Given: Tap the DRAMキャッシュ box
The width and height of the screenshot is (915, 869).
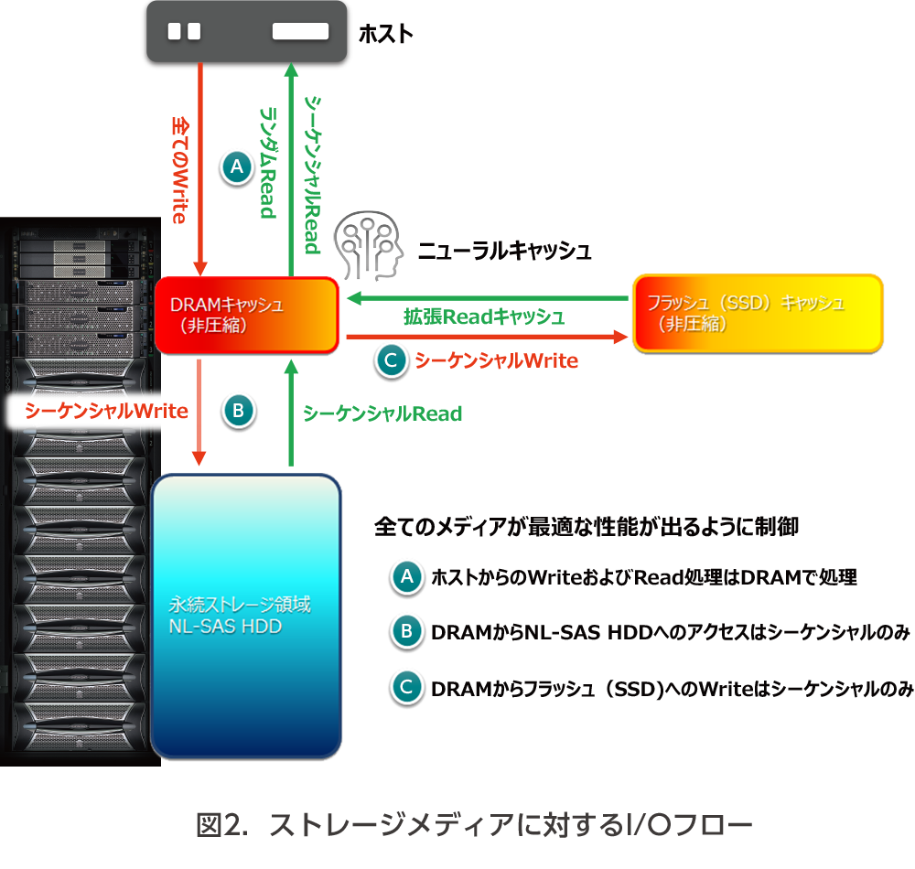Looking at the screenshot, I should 247,315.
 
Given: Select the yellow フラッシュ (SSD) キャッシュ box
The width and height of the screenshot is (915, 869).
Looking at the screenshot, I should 758,313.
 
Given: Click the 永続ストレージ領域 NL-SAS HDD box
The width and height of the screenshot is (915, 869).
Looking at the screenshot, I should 246,616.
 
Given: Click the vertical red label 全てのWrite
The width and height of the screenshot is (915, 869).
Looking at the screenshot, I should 180,169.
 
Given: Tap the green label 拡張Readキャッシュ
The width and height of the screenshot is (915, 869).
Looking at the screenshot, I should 484,317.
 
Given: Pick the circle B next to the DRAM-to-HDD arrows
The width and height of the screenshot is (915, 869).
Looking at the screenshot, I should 238,412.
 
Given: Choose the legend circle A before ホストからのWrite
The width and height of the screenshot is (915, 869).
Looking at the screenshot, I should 405,576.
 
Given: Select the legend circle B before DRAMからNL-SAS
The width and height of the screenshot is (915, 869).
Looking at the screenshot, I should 405,631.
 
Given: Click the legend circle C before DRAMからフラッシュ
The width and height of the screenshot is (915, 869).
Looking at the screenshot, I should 405,687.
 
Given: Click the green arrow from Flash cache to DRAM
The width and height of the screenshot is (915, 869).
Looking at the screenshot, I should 485,298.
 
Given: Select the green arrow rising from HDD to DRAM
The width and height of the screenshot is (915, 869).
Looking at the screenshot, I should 291,412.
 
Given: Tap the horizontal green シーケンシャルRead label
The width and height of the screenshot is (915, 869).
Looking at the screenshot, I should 382,413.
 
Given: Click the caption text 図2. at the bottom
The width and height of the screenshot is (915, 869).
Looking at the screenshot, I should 223,825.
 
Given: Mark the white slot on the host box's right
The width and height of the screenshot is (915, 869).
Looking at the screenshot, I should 300,31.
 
